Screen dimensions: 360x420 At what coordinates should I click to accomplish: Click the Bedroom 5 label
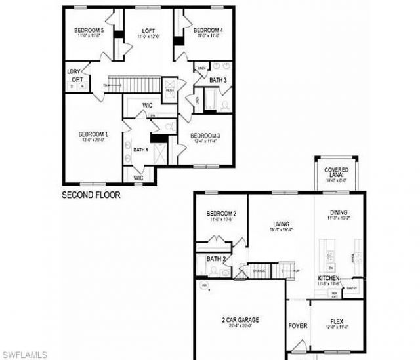pos(89,31)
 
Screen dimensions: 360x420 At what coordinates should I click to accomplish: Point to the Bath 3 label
pos(219,81)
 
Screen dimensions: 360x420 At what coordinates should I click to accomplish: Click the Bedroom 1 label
pos(93,135)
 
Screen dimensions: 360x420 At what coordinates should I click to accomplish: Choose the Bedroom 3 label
pos(205,136)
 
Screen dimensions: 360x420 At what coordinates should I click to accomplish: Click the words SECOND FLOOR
pos(91,195)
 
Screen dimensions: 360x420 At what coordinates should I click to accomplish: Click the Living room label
pos(281,223)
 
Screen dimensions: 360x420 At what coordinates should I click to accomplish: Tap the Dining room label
pos(339,213)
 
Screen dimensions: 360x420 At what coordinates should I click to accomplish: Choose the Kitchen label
pos(329,278)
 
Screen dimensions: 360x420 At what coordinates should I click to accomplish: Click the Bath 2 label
pos(216,259)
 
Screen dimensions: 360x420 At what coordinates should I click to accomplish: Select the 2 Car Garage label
pos(240,320)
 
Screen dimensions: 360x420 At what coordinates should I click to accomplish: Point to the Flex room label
pos(337,321)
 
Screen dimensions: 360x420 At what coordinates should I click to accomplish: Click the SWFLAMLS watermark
pos(24,355)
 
